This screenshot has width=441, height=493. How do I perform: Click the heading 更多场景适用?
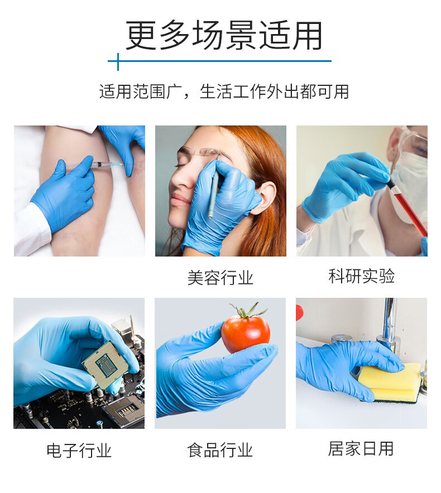tap(223, 35)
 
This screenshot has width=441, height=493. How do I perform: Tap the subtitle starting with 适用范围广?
tap(224, 92)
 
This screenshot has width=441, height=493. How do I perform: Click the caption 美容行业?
tap(220, 278)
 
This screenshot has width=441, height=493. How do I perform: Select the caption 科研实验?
tap(361, 276)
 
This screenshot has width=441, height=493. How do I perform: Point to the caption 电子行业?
tap(79, 450)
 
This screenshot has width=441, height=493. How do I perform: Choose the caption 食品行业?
tap(220, 450)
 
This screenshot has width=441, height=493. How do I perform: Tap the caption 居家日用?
tap(361, 448)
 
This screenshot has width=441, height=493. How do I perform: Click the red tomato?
tap(246, 333)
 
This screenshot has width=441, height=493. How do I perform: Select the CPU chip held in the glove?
tap(106, 364)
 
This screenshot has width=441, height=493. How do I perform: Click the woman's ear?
tap(266, 197)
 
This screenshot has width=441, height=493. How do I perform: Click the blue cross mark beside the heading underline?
tap(118, 61)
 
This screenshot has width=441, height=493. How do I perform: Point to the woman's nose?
tap(181, 178)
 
